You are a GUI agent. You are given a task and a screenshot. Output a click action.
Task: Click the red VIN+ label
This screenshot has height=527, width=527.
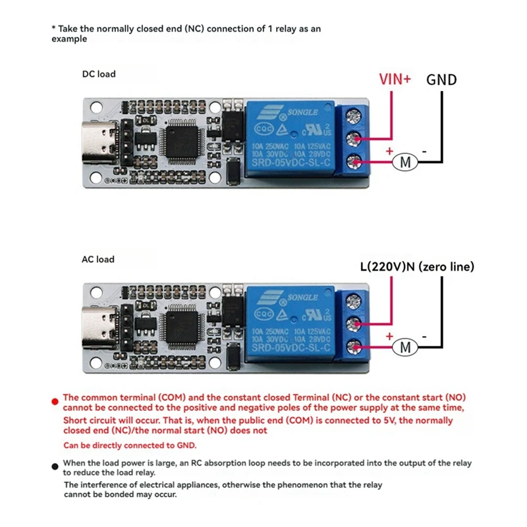pyautogui.click(x=395, y=79)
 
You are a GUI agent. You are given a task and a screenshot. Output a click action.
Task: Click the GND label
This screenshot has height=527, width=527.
pyautogui.click(x=441, y=80)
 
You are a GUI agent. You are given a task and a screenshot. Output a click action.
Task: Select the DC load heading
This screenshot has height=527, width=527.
pyautogui.click(x=98, y=74)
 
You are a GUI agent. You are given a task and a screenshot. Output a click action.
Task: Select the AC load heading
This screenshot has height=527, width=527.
pyautogui.click(x=98, y=259)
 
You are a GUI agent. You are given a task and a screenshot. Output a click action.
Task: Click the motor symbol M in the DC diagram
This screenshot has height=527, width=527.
pyautogui.click(x=406, y=161)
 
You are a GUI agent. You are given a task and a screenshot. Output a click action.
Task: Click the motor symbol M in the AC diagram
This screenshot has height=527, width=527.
pyautogui.click(x=406, y=347)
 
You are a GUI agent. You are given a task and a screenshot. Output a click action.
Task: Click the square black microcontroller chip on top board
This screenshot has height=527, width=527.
pyautogui.click(x=180, y=140)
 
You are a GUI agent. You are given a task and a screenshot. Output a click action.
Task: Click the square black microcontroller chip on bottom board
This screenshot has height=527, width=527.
pyautogui.click(x=180, y=325)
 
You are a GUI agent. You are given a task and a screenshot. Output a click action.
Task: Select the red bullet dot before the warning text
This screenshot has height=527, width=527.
pyautogui.click(x=55, y=400)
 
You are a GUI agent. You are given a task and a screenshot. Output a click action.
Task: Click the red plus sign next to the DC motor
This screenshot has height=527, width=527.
pyautogui.click(x=389, y=152)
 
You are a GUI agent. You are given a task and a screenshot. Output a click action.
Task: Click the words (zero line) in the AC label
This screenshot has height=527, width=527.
pyautogui.click(x=450, y=267)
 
